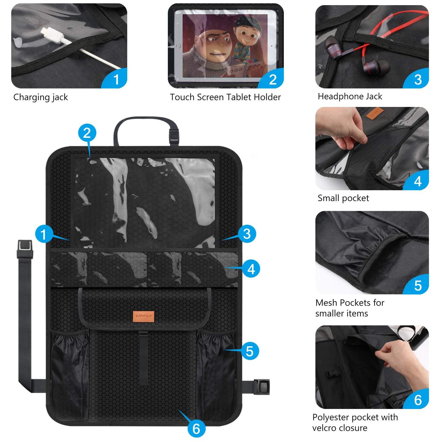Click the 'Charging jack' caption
point(41,97)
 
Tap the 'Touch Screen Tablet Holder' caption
point(225,97)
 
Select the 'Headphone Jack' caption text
point(350,97)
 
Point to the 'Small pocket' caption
point(343,198)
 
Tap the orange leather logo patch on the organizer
point(144,316)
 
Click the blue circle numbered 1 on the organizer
point(44,234)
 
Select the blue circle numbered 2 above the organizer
point(87,133)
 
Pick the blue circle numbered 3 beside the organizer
point(247,234)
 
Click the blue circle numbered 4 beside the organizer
point(251,269)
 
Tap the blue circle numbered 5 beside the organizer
point(250,351)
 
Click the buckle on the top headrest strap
point(174,137)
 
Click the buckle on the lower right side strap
point(262,387)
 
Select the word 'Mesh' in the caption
point(327,303)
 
